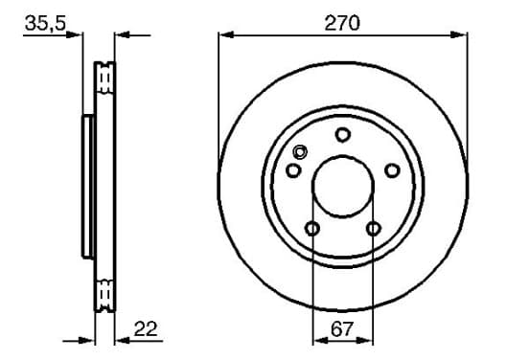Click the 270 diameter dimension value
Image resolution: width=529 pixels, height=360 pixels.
[342, 24]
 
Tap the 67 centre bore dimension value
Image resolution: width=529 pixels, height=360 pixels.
[342, 329]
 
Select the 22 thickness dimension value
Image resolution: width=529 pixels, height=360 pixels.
[146, 328]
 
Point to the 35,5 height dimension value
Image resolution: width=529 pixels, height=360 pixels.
[45, 23]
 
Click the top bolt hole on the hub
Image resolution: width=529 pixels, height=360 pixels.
[343, 135]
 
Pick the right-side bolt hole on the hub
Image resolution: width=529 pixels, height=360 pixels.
[392, 170]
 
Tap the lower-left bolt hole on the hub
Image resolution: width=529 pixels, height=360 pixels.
[312, 229]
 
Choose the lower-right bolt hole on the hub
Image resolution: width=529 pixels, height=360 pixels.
[374, 229]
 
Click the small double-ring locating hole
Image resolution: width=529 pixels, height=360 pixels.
[300, 152]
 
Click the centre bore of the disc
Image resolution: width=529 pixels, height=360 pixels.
[343, 187]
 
